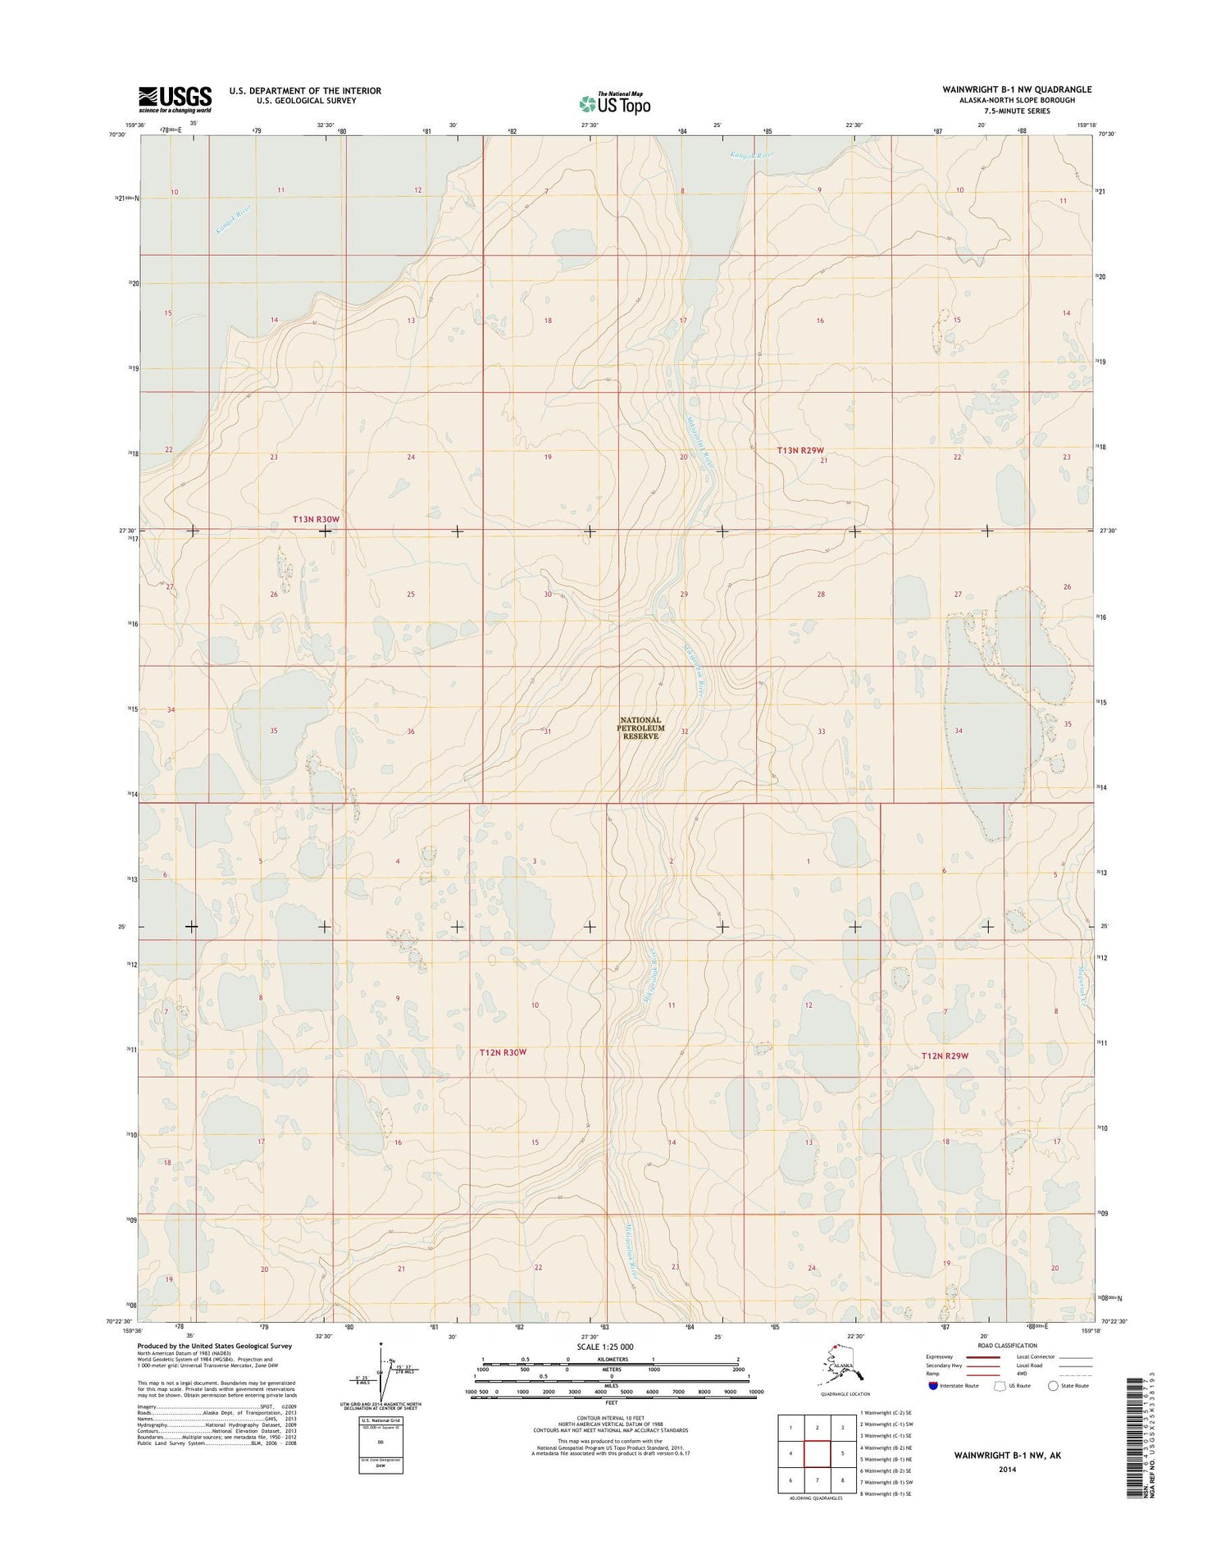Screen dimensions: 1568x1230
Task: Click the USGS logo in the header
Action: pos(175,99)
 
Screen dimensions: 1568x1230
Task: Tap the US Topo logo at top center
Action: pos(615,103)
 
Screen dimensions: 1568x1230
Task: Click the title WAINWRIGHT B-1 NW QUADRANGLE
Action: pos(1018,89)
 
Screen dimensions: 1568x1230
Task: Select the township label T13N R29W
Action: pos(799,450)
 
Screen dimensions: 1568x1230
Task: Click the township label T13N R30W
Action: pos(316,519)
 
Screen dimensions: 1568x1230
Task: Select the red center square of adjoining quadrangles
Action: pos(817,1455)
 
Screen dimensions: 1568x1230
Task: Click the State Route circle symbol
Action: pos(1053,1386)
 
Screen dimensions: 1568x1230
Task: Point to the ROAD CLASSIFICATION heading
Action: pos(1008,1346)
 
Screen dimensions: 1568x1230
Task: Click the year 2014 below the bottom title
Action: pos(1007,1470)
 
